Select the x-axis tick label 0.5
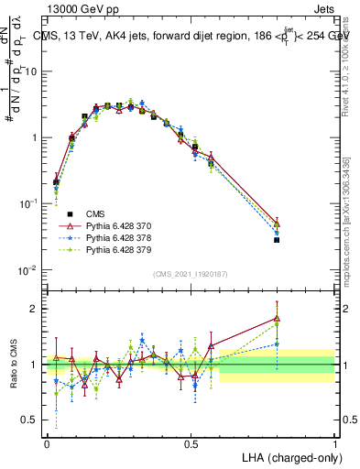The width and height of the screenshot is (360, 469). coord(191,442)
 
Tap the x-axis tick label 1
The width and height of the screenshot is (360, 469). coord(334,442)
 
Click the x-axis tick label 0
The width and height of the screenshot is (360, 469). coord(47,442)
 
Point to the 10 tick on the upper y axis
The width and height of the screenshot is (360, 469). coord(34,71)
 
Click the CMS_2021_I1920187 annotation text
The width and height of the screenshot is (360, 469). coord(191,274)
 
